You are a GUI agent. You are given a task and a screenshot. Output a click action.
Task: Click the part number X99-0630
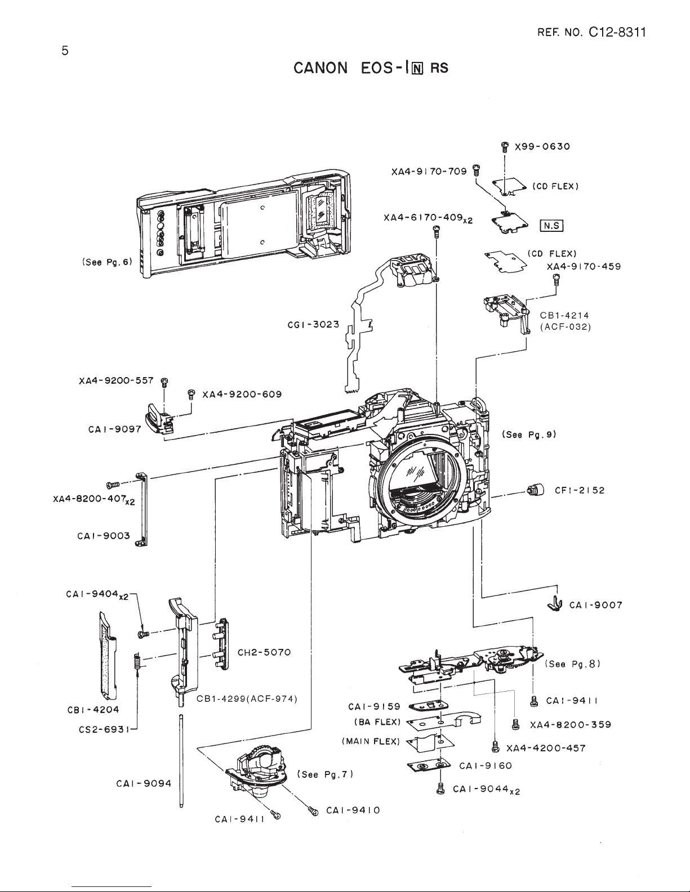click(542, 146)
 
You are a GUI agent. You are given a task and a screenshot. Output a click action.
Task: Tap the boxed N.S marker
click(551, 226)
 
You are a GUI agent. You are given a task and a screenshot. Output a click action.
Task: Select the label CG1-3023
click(313, 325)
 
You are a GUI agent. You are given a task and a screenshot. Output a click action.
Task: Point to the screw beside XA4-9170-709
click(477, 169)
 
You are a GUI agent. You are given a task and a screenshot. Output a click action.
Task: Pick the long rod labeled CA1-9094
click(181, 761)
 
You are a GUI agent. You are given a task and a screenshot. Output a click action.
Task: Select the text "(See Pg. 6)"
click(107, 262)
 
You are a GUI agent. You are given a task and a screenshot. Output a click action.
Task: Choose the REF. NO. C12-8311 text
click(591, 33)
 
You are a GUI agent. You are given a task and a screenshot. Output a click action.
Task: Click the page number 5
click(65, 51)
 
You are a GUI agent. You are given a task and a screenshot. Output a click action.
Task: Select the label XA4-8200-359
click(571, 725)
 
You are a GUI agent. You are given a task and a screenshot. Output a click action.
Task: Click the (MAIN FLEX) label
click(371, 741)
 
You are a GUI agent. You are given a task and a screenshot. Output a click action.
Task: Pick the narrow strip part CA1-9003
click(141, 509)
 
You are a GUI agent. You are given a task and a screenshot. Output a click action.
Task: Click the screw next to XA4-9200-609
click(191, 394)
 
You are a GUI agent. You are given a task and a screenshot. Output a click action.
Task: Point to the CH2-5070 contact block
click(221, 644)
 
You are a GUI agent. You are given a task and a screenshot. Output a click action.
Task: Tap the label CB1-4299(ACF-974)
click(247, 698)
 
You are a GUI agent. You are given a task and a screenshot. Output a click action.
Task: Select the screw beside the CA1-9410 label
click(313, 811)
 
